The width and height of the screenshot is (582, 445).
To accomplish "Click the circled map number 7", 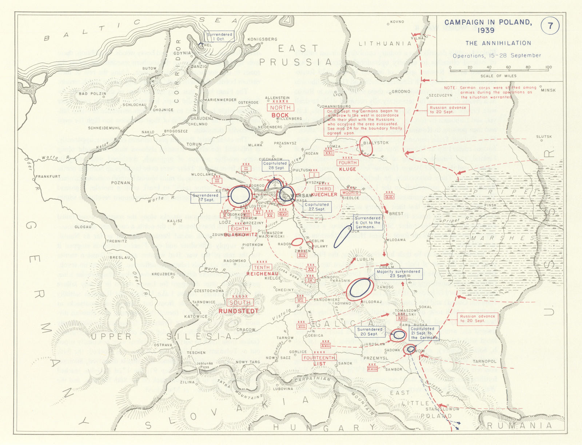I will (550, 26).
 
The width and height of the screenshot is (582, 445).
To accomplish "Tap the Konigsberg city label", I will (262, 39).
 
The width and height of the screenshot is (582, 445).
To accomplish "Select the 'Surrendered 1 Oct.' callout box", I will (219, 36).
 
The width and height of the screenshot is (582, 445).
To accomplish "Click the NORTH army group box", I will (280, 108).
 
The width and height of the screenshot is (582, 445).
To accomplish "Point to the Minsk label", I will (548, 90).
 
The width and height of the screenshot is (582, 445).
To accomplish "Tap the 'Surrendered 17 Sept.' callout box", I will (206, 198).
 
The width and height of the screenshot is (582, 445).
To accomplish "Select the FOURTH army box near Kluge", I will (347, 163).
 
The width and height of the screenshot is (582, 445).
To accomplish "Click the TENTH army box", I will (262, 267).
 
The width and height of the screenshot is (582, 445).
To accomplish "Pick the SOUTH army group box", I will (240, 302).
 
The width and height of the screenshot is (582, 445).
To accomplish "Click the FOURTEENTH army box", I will (319, 358).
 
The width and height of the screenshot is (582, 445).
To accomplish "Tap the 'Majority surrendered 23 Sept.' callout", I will (398, 274).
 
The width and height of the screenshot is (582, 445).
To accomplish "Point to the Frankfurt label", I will (48, 176).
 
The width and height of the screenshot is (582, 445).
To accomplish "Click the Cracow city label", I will (246, 330).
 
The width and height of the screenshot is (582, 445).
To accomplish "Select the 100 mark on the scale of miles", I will (549, 67).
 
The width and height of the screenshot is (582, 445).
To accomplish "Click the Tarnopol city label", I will (485, 361).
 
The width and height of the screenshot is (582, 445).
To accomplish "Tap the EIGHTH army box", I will (239, 229).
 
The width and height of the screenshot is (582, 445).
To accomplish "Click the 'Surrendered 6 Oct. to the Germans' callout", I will (368, 222).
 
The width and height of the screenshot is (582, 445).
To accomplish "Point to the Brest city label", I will (396, 214).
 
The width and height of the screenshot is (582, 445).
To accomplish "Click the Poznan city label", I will (120, 183).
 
